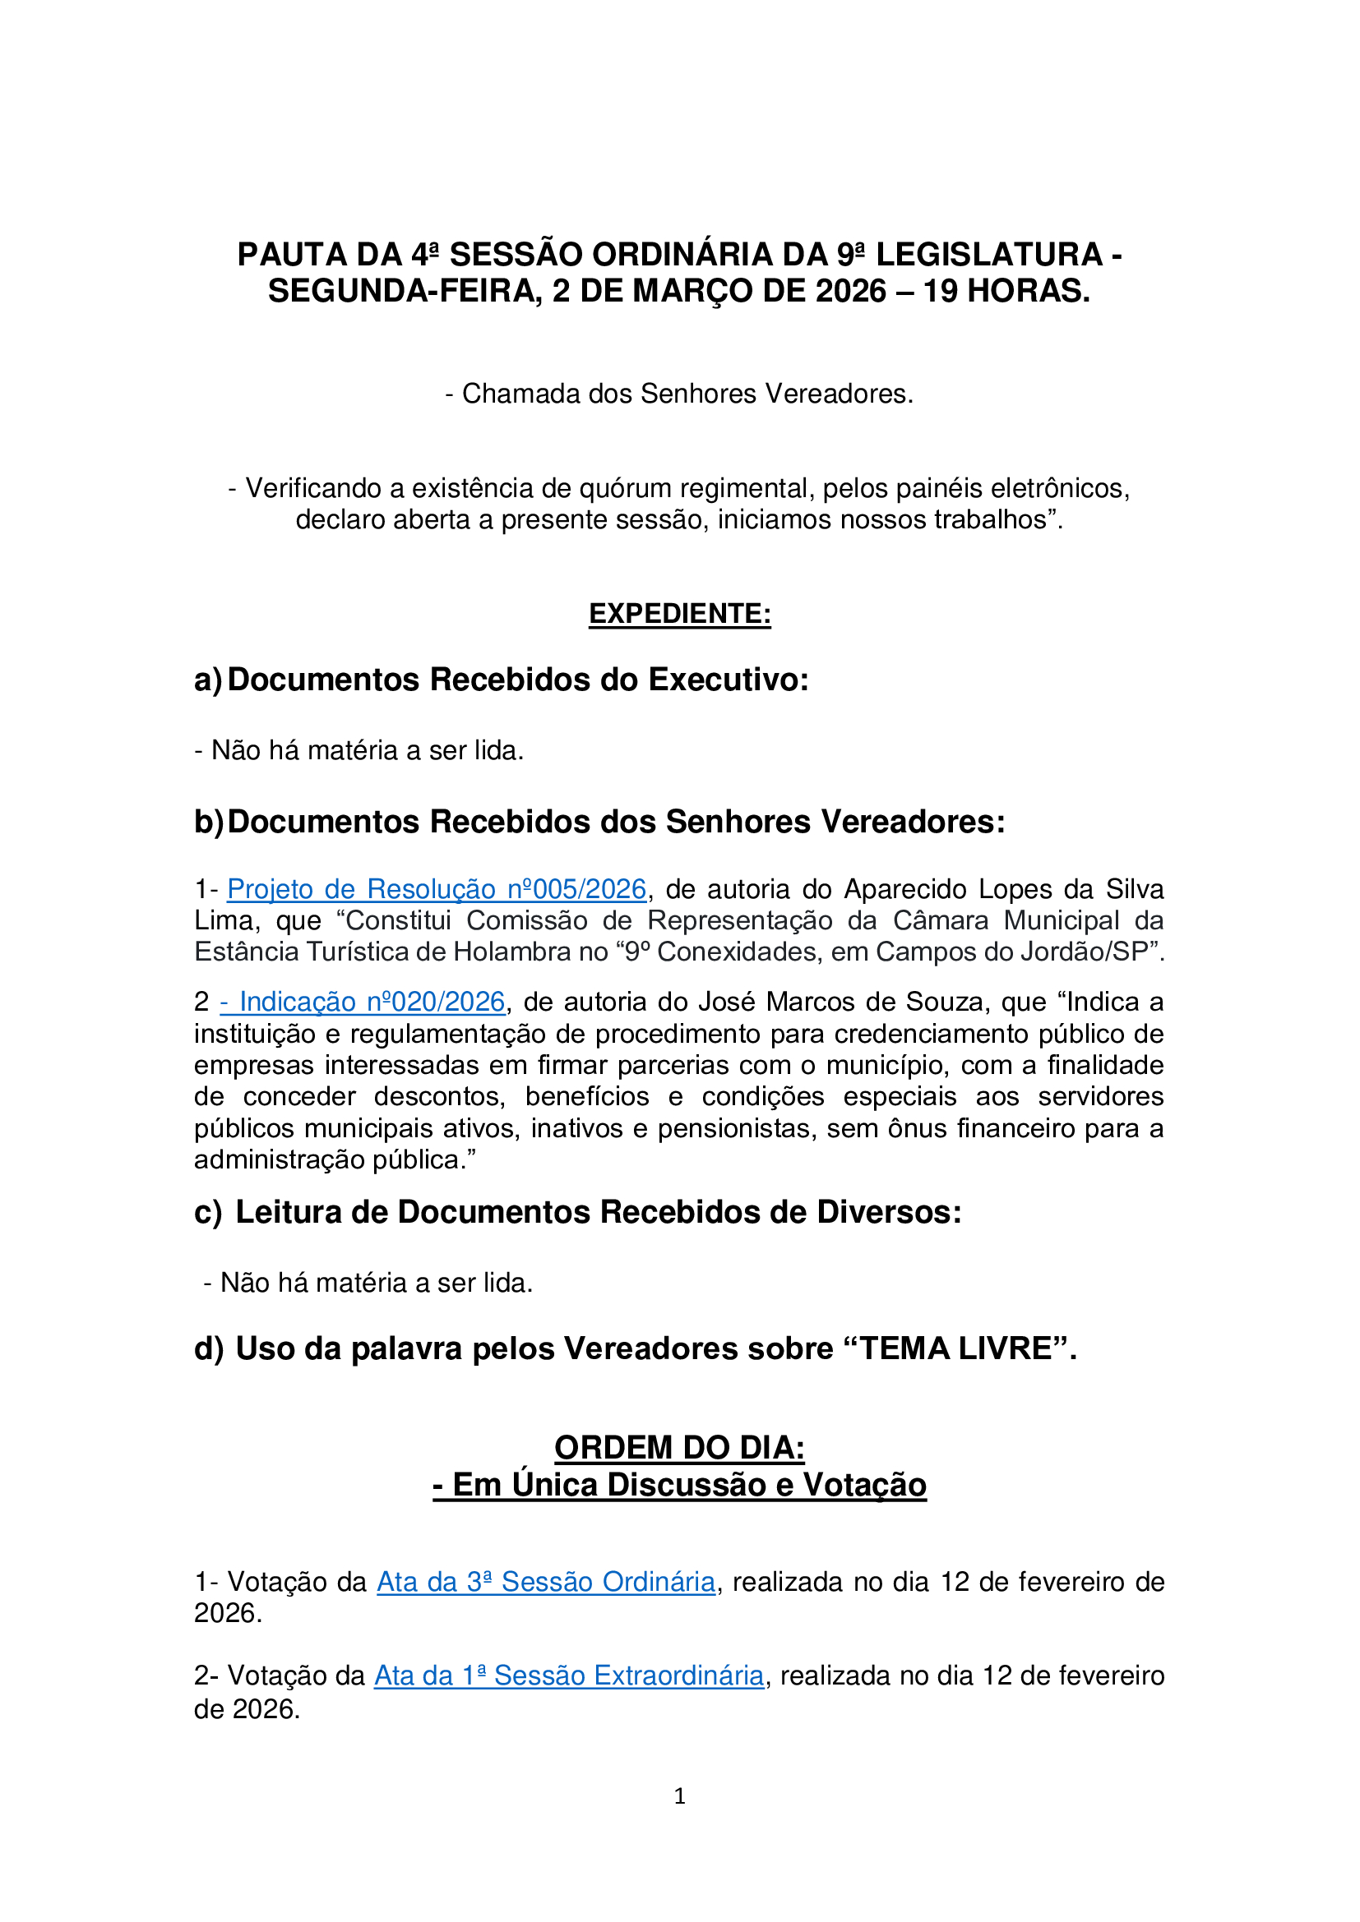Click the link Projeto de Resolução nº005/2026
pyautogui.click(x=437, y=889)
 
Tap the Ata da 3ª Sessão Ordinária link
pyautogui.click(x=546, y=1582)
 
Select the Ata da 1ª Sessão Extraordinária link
pyautogui.click(x=569, y=1675)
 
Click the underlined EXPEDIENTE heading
pyautogui.click(x=679, y=614)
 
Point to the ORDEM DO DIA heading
pyautogui.click(x=679, y=1447)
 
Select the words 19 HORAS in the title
pyautogui.click(x=1006, y=292)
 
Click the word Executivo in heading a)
pyautogui.click(x=729, y=680)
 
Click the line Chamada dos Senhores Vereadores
pyautogui.click(x=679, y=394)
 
